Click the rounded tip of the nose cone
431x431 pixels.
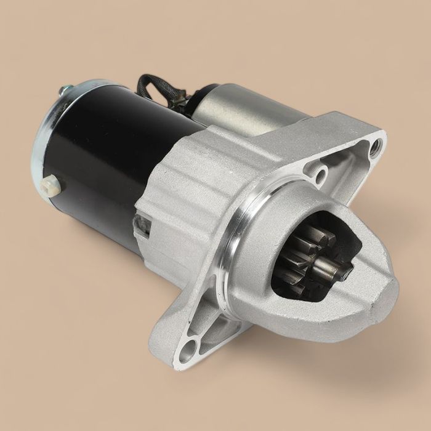[385, 289]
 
